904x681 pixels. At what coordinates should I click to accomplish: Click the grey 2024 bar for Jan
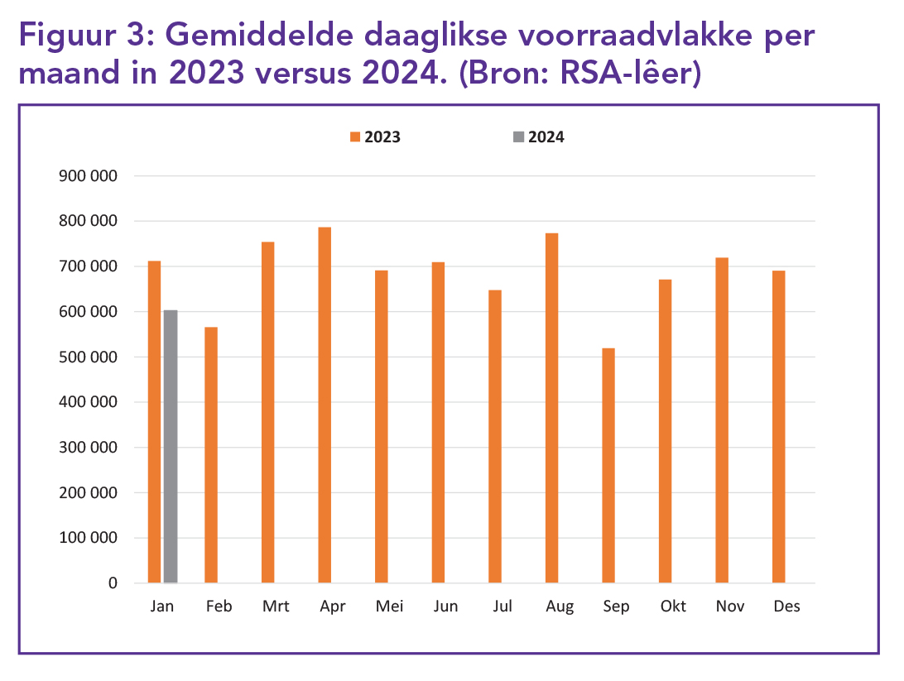coord(171,447)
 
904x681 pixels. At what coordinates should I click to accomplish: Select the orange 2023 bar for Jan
coord(154,422)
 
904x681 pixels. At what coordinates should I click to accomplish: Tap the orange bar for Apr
coord(325,405)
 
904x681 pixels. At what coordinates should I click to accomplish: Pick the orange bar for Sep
coord(608,466)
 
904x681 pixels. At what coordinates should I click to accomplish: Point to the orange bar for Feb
coord(211,455)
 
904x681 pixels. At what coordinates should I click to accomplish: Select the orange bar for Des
coord(778,427)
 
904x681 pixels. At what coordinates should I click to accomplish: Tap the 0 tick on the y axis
coord(113,583)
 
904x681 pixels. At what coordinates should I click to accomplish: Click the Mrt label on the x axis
coord(276,607)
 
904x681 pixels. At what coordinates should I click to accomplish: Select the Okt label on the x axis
coord(673,607)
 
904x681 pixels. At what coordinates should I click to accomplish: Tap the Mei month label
coord(389,607)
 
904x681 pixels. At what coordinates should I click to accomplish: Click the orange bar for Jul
coord(495,437)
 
